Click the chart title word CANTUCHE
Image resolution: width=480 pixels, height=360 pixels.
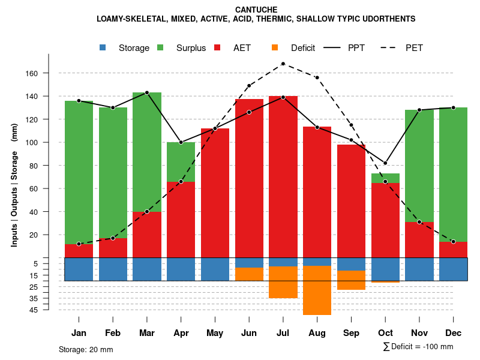point(256,10)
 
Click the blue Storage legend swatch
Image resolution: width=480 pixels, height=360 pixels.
point(103,47)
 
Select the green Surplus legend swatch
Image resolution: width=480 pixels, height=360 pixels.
point(161,47)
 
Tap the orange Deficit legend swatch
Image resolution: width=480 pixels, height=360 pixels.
point(275,47)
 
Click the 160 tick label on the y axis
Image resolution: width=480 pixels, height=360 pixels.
point(48,73)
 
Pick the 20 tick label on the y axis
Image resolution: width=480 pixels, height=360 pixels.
point(50,235)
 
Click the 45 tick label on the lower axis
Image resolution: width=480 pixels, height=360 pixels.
point(50,310)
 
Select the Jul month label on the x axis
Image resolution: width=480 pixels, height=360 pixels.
point(283,333)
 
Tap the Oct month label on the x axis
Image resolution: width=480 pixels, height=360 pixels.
point(385,333)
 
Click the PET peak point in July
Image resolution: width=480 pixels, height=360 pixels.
point(283,64)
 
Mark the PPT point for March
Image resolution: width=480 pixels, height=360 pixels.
point(147,92)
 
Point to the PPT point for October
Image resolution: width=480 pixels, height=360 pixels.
point(385,163)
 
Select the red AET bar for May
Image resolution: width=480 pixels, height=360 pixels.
point(215,192)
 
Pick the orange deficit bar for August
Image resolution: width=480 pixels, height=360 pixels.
point(317,290)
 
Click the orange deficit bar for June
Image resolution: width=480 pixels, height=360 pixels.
point(249,274)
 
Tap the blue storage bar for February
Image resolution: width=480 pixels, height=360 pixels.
point(113,269)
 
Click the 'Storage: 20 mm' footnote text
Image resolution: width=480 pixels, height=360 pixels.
point(86,349)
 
